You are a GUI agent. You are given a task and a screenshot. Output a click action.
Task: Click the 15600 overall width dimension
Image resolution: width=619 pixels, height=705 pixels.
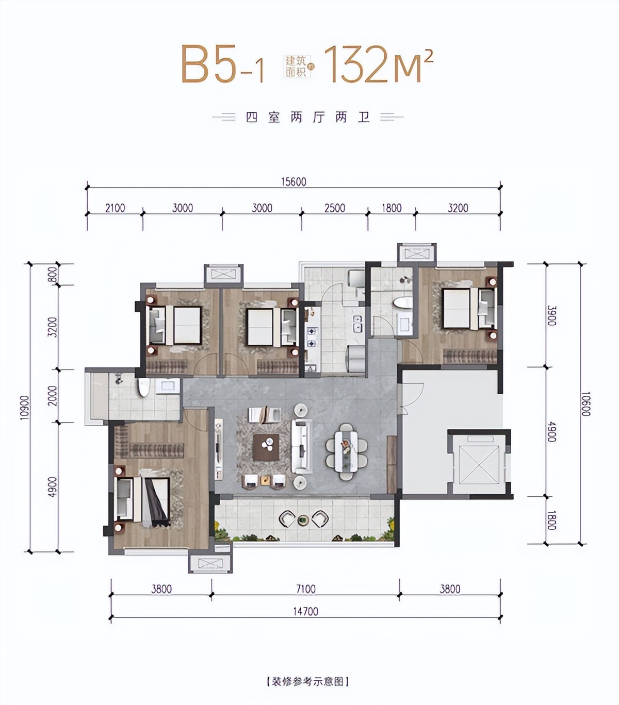click(294, 181)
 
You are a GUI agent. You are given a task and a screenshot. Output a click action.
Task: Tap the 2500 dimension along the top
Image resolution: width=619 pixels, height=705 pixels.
click(335, 208)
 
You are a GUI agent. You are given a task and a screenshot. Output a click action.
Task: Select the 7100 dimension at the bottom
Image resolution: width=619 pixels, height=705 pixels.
click(306, 589)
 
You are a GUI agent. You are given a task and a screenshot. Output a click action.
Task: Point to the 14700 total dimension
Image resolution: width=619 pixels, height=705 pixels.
click(306, 611)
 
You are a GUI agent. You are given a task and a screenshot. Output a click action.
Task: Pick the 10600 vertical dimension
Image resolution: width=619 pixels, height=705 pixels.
click(587, 404)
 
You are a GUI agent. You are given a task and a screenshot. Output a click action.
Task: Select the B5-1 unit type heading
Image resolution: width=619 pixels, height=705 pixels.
click(222, 64)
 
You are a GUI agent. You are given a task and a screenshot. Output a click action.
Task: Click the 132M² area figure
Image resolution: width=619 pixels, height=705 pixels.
click(379, 64)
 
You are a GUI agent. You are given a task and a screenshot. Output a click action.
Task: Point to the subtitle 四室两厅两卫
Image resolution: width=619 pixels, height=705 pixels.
click(307, 117)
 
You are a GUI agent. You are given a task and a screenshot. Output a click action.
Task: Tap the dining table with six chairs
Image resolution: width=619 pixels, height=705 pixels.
click(347, 451)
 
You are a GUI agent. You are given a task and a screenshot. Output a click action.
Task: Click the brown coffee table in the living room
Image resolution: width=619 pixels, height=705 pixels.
click(266, 447)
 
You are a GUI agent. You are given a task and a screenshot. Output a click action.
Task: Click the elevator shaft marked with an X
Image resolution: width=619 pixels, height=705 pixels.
click(479, 464)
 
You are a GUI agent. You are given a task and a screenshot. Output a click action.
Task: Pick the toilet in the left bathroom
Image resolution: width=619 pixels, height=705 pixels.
click(143, 388)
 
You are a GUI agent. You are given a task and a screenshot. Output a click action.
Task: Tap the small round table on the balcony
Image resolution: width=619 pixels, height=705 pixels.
click(303, 520)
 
